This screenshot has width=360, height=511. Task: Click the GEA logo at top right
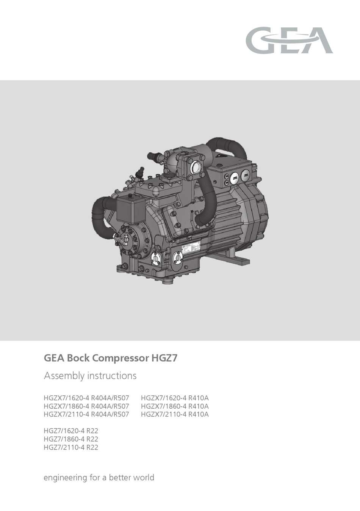(x=289, y=40)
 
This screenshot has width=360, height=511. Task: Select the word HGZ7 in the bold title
(x=164, y=358)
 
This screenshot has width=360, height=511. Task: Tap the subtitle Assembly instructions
(x=90, y=376)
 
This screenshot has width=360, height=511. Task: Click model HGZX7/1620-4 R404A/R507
(x=86, y=398)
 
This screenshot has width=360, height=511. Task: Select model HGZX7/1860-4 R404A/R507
(x=86, y=406)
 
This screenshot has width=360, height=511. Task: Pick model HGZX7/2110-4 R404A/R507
(x=86, y=414)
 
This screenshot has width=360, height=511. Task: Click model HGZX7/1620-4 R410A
(x=175, y=398)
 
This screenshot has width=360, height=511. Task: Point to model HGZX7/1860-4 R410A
(x=175, y=406)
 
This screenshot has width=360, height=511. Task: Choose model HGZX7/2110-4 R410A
(x=175, y=414)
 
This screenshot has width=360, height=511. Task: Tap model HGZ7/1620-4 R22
(x=71, y=431)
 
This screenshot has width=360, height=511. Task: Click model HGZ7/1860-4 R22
(x=71, y=439)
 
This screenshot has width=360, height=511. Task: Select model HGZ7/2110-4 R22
(x=71, y=447)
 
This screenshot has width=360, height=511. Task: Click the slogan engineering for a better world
(x=99, y=477)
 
